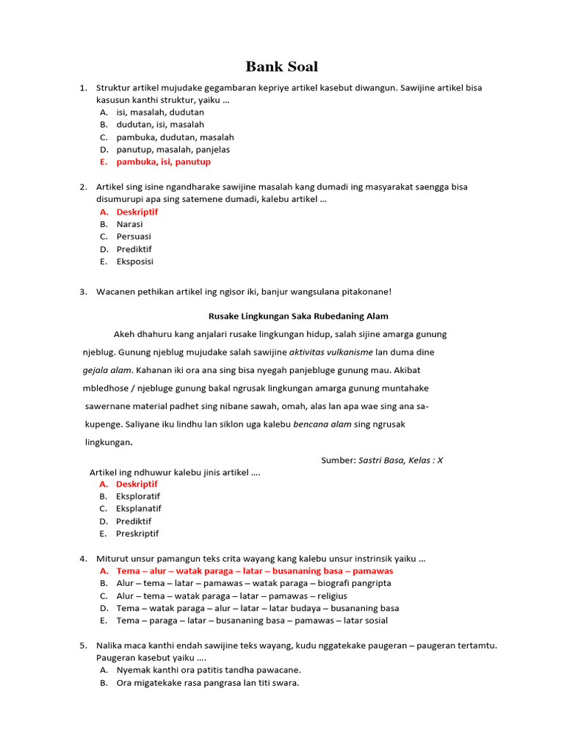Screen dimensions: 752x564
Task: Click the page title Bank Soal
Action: tap(281, 67)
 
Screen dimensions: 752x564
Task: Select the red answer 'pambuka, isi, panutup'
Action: tap(163, 162)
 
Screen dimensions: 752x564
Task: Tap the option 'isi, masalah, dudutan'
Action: tap(160, 112)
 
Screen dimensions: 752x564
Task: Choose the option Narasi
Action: tap(129, 224)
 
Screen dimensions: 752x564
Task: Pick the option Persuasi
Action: tap(134, 236)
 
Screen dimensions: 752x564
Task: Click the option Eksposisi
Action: tap(134, 261)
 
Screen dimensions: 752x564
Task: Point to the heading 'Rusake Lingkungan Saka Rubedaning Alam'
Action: tap(298, 316)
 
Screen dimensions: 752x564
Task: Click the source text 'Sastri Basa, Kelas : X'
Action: tap(400, 460)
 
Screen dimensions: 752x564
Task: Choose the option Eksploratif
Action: tap(138, 496)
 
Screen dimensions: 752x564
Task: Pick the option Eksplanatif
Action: tap(139, 508)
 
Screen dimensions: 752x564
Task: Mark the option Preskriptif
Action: tap(137, 533)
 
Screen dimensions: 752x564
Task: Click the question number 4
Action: tap(83, 558)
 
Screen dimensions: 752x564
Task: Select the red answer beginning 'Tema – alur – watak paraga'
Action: tap(255, 571)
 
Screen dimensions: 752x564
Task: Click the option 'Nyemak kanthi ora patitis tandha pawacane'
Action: tap(209, 670)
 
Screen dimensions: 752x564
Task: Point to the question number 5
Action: tap(83, 645)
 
